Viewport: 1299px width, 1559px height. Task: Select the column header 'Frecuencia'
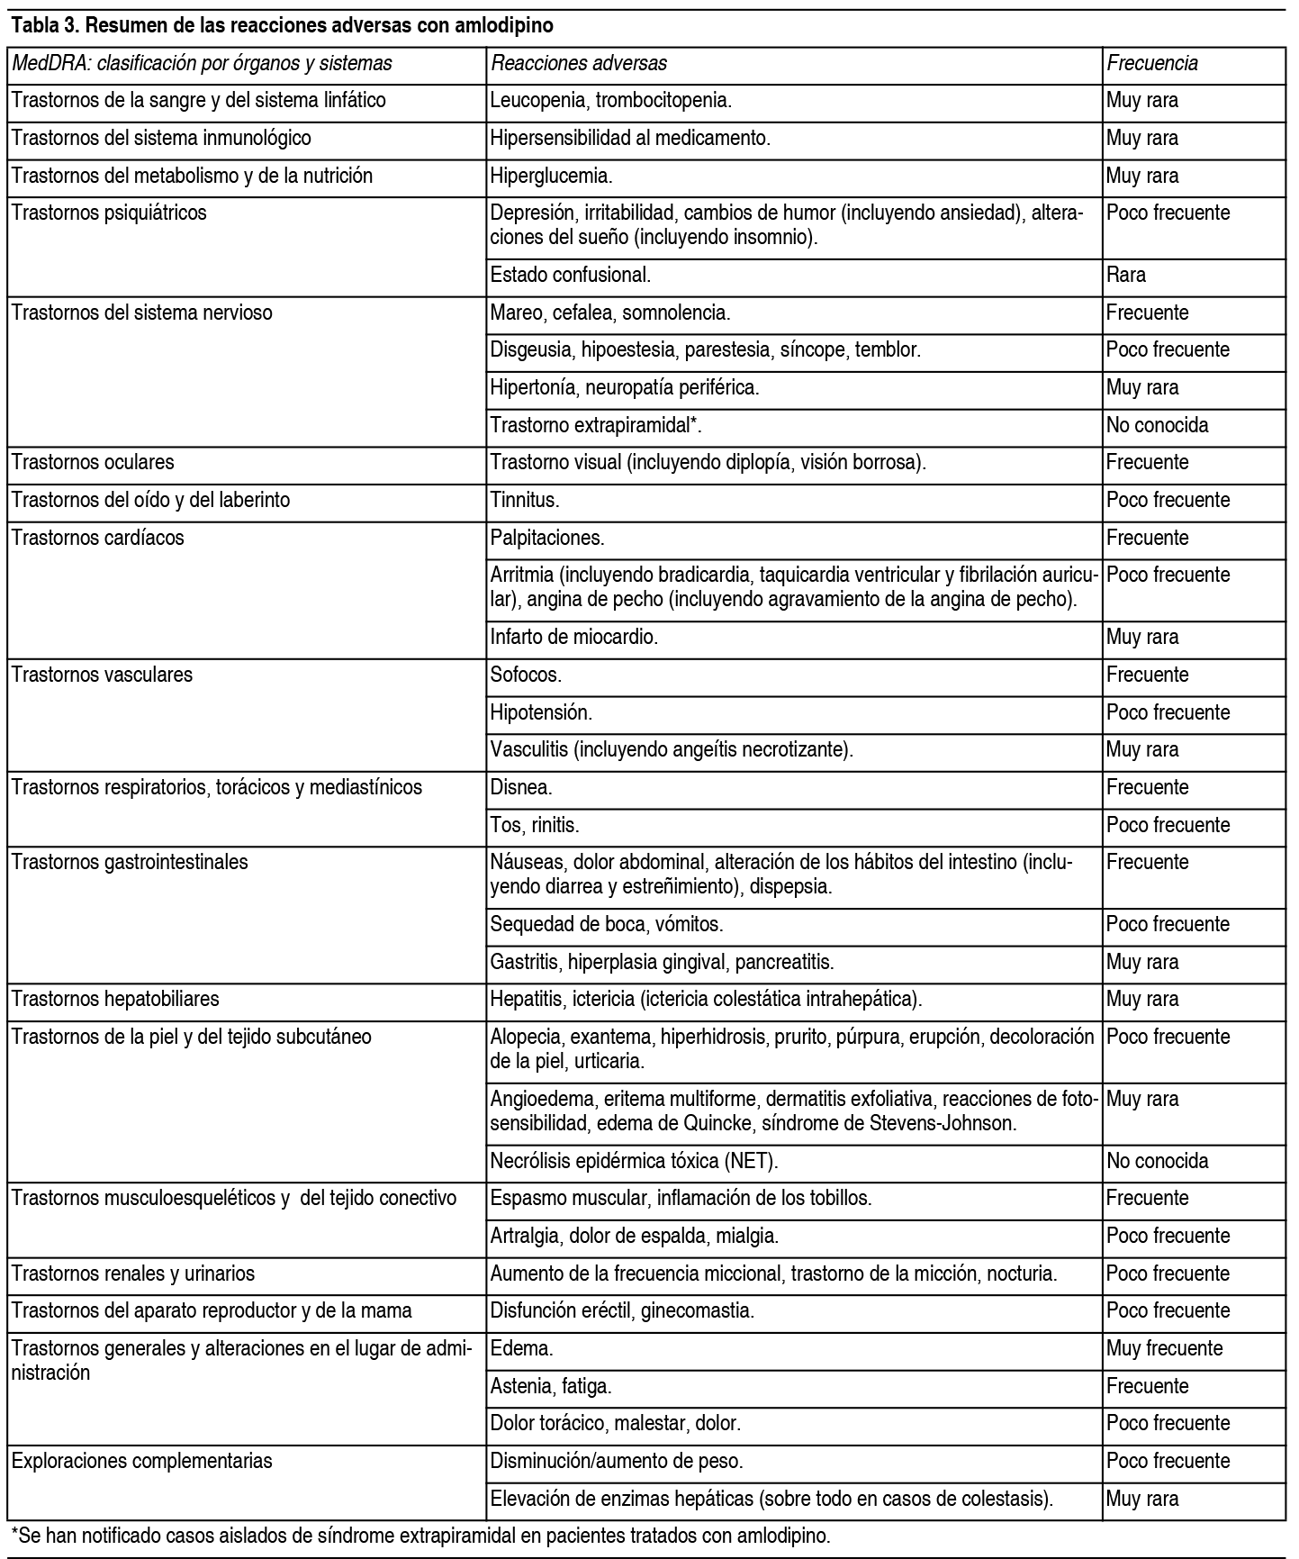point(1152,63)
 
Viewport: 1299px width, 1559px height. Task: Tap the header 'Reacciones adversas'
point(579,63)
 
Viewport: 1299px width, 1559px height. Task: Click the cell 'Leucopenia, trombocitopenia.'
point(610,101)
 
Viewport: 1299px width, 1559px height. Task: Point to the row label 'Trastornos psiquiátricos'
point(109,213)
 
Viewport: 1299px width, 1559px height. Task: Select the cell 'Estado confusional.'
point(570,275)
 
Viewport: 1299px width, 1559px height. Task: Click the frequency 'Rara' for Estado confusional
point(1126,275)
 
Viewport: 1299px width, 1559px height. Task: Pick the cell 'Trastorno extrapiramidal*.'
point(596,425)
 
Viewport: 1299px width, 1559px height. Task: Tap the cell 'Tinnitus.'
point(525,500)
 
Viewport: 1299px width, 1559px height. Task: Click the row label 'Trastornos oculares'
point(93,463)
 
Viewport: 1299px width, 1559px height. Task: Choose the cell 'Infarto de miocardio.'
point(574,638)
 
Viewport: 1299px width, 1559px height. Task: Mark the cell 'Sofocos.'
point(526,675)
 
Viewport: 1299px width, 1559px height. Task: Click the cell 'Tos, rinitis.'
point(535,825)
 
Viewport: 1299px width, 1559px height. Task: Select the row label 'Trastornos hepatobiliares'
point(115,999)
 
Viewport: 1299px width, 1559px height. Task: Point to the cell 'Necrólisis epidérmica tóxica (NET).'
point(634,1161)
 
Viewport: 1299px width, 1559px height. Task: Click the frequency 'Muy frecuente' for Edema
point(1165,1348)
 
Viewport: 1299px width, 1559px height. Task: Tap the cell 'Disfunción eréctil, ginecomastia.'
point(622,1310)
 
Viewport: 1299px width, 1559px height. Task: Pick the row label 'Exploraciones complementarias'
point(142,1461)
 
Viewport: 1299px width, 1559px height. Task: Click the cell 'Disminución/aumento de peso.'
point(617,1461)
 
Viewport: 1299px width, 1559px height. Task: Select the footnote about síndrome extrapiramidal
point(420,1535)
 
